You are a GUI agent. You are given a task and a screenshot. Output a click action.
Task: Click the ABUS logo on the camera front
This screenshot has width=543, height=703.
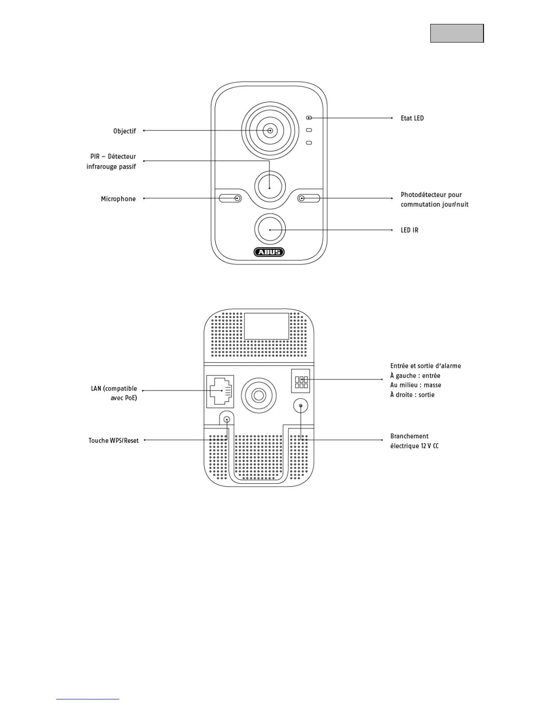[269, 252]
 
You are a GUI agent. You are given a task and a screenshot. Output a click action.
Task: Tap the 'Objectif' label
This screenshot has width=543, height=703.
[125, 131]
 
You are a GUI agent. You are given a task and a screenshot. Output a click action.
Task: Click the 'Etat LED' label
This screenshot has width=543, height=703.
[412, 118]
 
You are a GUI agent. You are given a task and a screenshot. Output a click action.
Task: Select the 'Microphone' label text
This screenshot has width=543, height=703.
[118, 199]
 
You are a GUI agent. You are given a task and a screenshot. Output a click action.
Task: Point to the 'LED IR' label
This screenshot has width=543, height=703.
[409, 230]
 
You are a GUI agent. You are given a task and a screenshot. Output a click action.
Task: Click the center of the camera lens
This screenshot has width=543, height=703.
[270, 130]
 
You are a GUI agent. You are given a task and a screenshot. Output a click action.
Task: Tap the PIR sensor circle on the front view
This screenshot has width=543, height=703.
[270, 186]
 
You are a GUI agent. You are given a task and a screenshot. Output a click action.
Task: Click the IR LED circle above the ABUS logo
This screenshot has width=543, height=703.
[270, 229]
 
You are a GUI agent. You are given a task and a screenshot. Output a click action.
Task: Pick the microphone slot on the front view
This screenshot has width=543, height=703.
[230, 198]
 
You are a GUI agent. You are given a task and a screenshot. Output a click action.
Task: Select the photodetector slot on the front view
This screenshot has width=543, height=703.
[309, 198]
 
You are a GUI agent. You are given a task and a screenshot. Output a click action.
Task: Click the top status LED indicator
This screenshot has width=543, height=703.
[309, 118]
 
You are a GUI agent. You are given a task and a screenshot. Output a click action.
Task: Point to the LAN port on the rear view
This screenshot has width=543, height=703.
[220, 391]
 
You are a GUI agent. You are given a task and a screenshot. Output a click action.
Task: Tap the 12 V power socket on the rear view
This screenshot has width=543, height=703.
[301, 406]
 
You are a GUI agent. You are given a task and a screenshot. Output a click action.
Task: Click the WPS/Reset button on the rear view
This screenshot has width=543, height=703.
[227, 419]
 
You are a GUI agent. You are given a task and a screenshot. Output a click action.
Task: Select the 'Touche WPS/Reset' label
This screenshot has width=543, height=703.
[114, 441]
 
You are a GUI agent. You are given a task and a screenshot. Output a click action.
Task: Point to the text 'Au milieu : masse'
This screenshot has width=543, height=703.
[416, 385]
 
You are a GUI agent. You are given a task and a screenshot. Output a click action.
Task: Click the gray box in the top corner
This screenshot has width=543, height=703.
[457, 33]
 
